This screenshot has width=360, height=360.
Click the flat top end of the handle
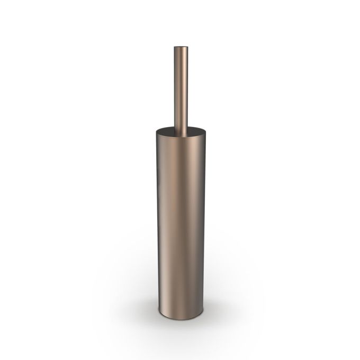coord(181,48)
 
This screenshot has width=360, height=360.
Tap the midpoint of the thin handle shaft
coord(181,88)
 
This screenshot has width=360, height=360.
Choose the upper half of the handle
coord(181,66)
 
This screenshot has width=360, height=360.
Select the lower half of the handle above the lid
coord(181,109)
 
